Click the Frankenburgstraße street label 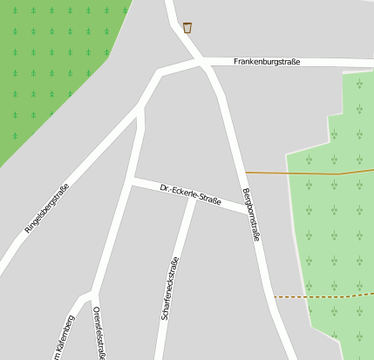click(267, 62)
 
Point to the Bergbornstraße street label click(252, 214)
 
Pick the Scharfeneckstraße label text click(169, 289)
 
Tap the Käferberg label click(60, 336)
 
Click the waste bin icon click(187, 28)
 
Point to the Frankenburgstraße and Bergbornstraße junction click(207, 63)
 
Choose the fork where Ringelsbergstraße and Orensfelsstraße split click(139, 110)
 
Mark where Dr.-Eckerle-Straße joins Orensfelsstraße click(132, 181)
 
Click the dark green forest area click(44, 70)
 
